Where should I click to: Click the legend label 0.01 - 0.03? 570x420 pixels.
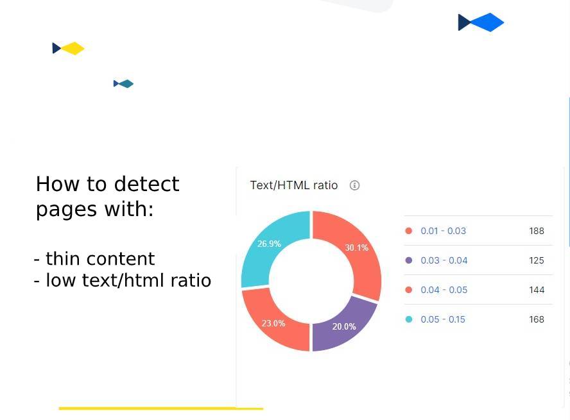pyautogui.click(x=443, y=231)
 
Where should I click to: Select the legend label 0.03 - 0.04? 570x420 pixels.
pyautogui.click(x=444, y=260)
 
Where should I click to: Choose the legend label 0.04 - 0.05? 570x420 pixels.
pyautogui.click(x=444, y=290)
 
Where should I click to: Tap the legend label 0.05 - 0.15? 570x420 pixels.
pyautogui.click(x=443, y=319)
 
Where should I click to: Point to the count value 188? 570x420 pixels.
pyautogui.click(x=537, y=231)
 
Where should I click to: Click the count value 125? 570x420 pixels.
pyautogui.click(x=537, y=260)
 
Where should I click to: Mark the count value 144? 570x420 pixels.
pyautogui.click(x=537, y=290)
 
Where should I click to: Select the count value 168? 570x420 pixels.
pyautogui.click(x=537, y=319)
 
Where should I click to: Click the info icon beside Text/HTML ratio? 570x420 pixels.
pyautogui.click(x=354, y=185)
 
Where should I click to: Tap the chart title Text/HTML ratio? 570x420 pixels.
pyautogui.click(x=293, y=185)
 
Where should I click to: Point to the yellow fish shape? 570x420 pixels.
pyautogui.click(x=69, y=48)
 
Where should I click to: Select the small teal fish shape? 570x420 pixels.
pyautogui.click(x=124, y=83)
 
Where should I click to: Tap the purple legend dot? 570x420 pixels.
pyautogui.click(x=409, y=260)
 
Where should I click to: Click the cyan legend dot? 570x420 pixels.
pyautogui.click(x=409, y=319)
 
